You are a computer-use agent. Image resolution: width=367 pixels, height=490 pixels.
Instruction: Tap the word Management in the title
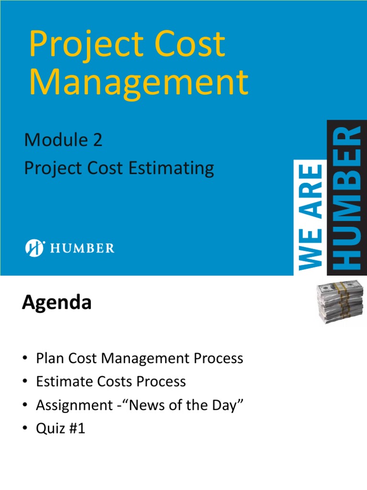click(x=139, y=83)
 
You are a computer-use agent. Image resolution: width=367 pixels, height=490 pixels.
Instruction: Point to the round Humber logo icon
click(x=34, y=248)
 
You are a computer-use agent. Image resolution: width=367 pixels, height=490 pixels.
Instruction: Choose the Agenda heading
click(x=56, y=303)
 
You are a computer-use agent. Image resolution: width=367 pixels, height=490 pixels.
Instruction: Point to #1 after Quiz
click(x=76, y=428)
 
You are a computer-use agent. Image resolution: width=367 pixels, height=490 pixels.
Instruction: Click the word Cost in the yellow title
click(x=191, y=45)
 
